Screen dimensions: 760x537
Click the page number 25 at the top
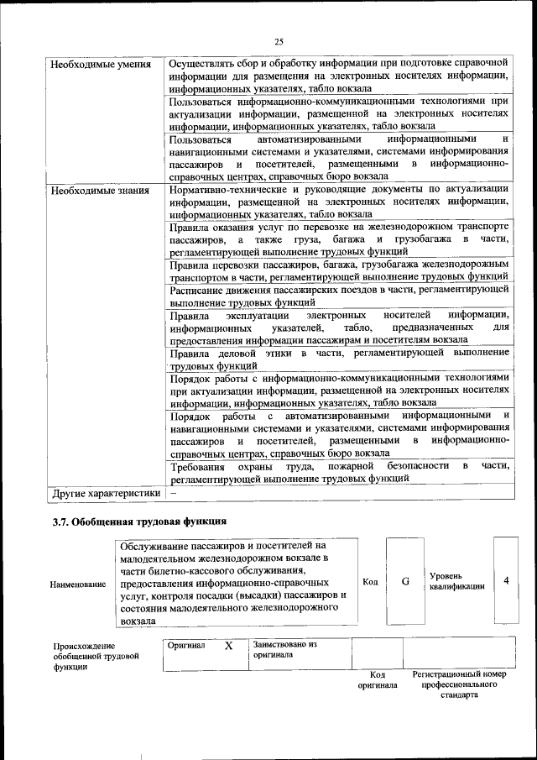(279, 41)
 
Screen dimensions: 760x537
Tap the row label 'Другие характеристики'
(105, 492)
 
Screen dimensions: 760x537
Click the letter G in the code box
(405, 580)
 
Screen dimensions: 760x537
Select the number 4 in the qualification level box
(506, 580)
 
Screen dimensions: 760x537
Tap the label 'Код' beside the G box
(370, 581)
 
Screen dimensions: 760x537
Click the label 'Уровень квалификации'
(457, 581)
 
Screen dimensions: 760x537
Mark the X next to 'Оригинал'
(228, 646)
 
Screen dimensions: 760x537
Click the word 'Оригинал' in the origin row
(186, 646)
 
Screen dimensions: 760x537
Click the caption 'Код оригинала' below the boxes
(378, 679)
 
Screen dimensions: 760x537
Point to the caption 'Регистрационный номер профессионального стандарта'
(460, 684)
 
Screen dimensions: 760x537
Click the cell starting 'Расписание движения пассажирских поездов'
(339, 295)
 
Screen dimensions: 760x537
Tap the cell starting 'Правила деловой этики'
(339, 360)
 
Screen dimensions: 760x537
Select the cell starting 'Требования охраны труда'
(339, 472)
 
